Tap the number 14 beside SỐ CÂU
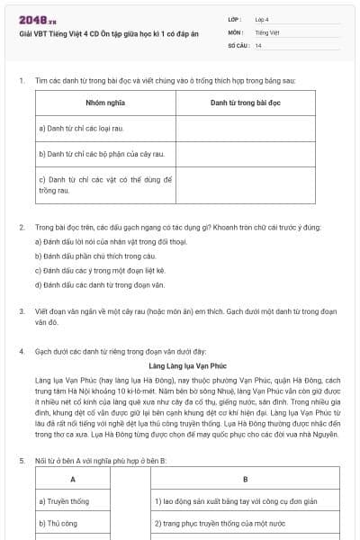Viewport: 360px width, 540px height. [258, 45]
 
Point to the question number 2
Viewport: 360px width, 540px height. [22, 228]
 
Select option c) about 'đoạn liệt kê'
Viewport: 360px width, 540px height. [100, 270]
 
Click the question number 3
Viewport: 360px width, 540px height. [22, 311]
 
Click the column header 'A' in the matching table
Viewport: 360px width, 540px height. [71, 479]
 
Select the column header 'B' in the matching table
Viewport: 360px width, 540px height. [245, 479]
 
